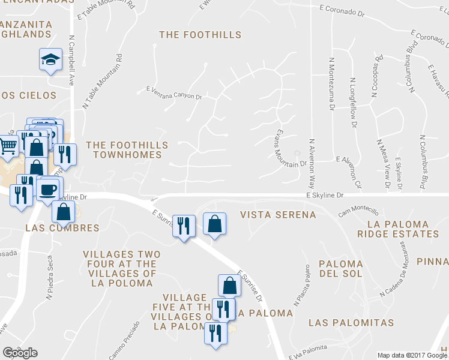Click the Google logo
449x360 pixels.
pyautogui.click(x=20, y=353)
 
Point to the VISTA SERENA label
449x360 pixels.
pyautogui.click(x=277, y=215)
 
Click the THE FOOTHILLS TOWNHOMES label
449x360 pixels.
pyautogui.click(x=124, y=149)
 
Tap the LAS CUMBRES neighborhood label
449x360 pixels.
pyautogui.click(x=62, y=228)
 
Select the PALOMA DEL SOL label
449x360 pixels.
pyautogui.click(x=340, y=269)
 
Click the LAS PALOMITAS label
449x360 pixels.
pyautogui.click(x=351, y=323)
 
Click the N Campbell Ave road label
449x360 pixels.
pyautogui.click(x=71, y=59)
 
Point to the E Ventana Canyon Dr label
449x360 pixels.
pyautogui.click(x=174, y=94)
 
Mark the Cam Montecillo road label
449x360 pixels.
pyautogui.click(x=358, y=212)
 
